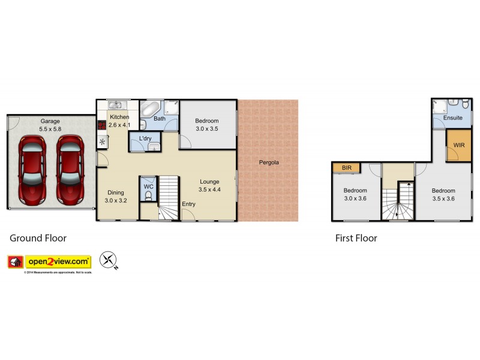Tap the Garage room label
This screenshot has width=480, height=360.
pos(50,121)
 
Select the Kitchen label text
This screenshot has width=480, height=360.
pos(119,116)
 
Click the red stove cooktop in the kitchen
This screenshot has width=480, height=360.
pos(101,126)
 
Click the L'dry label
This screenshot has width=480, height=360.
pos(145,139)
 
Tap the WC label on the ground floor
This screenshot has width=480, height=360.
pos(149,187)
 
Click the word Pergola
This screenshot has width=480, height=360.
pos(269,162)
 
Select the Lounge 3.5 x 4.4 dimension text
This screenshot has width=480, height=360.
pos(209,190)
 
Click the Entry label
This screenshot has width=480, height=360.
pos(188,204)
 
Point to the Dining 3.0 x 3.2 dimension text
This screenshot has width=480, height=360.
pos(116,200)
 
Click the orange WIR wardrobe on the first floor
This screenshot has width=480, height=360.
pos(458,145)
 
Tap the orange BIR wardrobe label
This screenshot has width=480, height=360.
pos(346,168)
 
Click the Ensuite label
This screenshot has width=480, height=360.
pos(452,118)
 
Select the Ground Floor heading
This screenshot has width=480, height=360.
pos(38,238)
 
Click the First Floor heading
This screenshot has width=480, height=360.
pos(356,238)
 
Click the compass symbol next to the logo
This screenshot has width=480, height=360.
pos(109,260)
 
